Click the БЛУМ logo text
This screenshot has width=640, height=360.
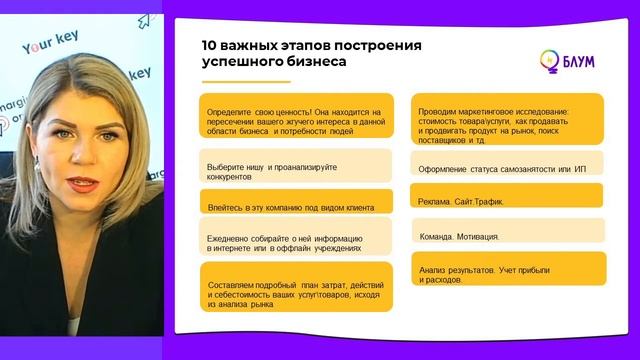coord(579,61)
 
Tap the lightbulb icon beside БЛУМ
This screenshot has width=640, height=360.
coord(549,60)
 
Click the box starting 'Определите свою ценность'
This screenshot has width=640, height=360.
coord(294,120)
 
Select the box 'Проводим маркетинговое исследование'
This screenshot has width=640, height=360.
coord(507,120)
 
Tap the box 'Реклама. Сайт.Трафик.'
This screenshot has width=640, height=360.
coord(507,200)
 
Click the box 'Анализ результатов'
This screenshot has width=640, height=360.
coord(507,274)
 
